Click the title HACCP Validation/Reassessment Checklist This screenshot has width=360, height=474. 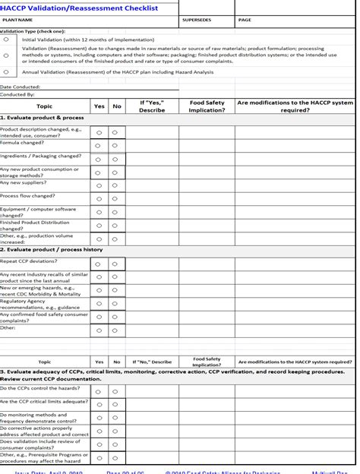point(79,8)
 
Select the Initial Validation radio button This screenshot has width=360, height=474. point(7,39)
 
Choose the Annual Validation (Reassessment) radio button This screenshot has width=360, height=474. point(7,72)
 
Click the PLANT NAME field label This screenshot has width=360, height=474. point(17,20)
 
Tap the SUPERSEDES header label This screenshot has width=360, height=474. point(197,20)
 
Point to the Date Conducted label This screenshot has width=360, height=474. point(21,87)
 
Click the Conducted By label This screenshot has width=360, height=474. point(17,95)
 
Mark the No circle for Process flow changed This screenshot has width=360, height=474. point(115,199)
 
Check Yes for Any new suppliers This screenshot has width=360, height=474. point(99,185)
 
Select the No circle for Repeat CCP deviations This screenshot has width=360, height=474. point(115,264)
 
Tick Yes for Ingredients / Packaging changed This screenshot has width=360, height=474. point(99,160)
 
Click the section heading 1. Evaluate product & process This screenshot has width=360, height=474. point(42,118)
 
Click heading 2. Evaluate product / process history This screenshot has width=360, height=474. point(51,249)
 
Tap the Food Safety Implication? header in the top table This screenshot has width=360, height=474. point(207,106)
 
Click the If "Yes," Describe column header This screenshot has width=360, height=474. point(152,106)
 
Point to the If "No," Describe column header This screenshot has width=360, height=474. point(152,362)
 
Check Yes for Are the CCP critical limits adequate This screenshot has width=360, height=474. point(99,405)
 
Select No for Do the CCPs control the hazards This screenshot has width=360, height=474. point(115,392)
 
